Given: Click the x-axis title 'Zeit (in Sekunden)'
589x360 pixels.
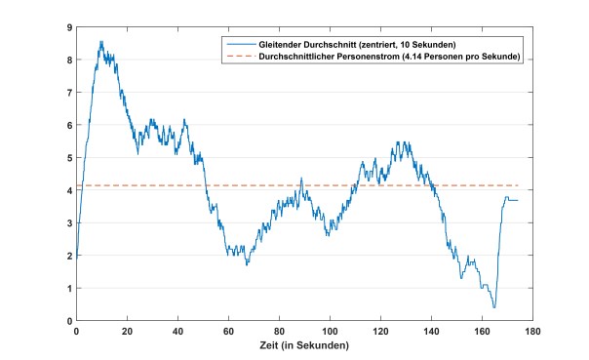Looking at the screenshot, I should click(304, 345).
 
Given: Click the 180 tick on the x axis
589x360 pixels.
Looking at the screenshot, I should click(532, 332).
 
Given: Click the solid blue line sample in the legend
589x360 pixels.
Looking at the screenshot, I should click(239, 45).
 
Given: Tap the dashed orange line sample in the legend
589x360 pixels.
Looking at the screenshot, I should click(239, 57).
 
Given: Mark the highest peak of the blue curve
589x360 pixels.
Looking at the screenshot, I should click(100, 42).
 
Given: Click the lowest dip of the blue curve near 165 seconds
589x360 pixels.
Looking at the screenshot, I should click(494, 307).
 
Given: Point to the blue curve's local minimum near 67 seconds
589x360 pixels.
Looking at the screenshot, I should click(247, 264).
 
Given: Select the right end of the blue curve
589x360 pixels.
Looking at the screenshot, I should click(518, 200).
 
